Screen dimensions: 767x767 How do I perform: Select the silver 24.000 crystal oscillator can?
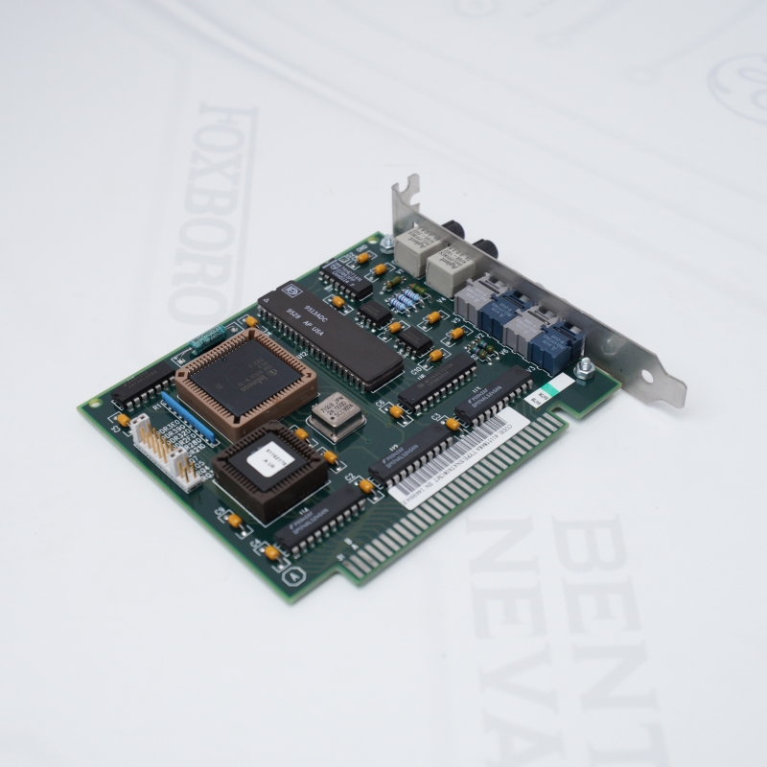pos(332,414)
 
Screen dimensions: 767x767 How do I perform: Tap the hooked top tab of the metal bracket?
pos(407,188)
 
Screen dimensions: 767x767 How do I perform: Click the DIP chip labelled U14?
pos(316,523)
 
